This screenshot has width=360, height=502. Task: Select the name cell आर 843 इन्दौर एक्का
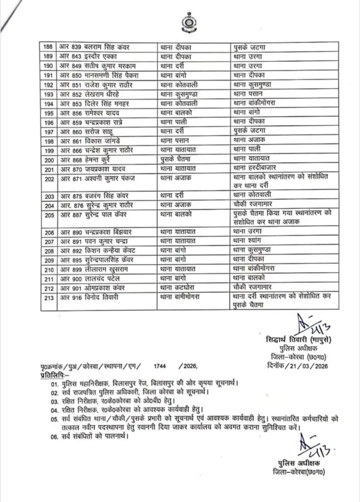86,56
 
